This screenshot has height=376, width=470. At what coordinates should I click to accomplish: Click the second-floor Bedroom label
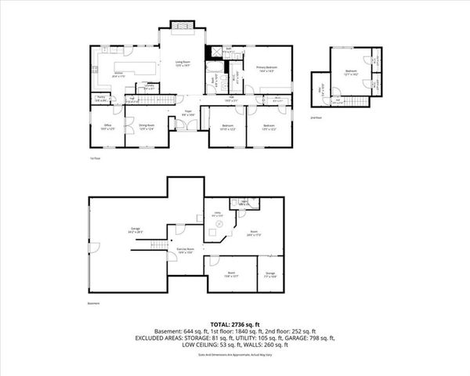(x=352, y=72)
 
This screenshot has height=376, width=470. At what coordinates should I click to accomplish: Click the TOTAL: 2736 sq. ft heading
(x=235, y=323)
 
